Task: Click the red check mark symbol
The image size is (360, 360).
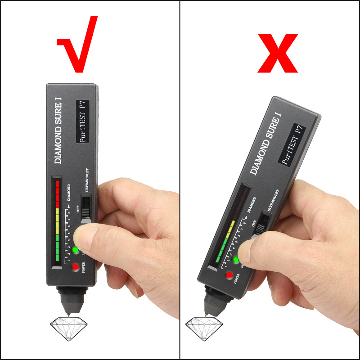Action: (x=77, y=45)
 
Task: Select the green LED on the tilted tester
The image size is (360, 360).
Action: (x=236, y=260)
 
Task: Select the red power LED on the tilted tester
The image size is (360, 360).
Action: (x=229, y=275)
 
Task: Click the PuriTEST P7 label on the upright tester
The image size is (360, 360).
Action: (x=83, y=122)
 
